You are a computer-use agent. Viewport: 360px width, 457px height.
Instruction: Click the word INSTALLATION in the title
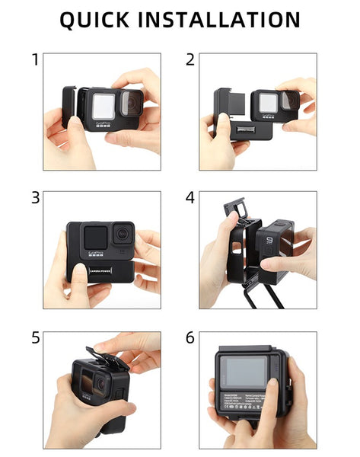(227, 21)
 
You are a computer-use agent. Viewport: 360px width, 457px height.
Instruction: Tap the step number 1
(35, 59)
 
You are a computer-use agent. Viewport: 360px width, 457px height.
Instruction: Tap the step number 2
(190, 59)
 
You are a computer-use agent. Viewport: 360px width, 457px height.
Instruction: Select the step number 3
(35, 198)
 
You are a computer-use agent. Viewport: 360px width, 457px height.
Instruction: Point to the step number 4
(190, 198)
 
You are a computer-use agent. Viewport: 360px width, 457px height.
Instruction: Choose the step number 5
(35, 337)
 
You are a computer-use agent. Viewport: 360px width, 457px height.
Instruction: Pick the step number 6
(190, 337)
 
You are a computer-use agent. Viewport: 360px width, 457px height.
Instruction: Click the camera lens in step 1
(131, 101)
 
